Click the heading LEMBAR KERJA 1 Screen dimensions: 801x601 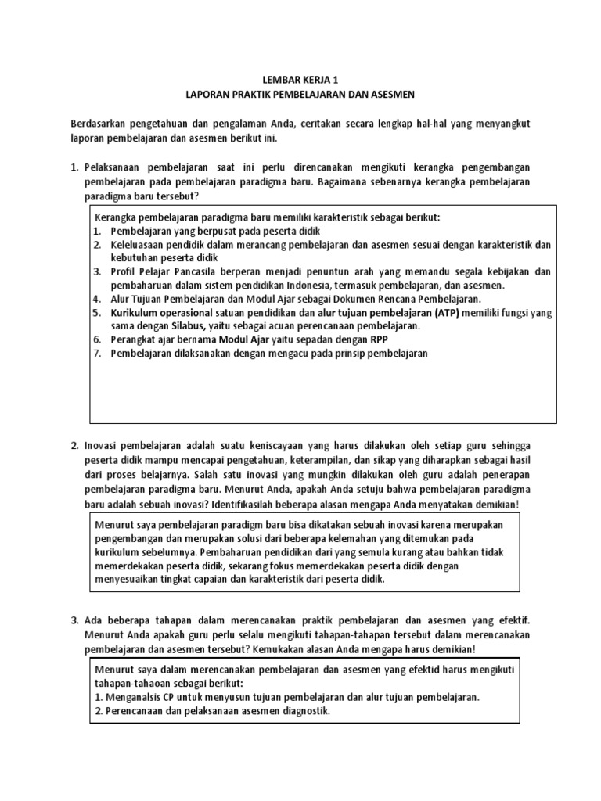[300, 79]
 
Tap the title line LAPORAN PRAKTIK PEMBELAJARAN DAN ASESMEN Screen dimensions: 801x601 [300, 94]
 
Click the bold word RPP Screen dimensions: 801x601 [379, 339]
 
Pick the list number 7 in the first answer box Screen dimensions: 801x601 [98, 353]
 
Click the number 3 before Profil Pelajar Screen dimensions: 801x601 [98, 271]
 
